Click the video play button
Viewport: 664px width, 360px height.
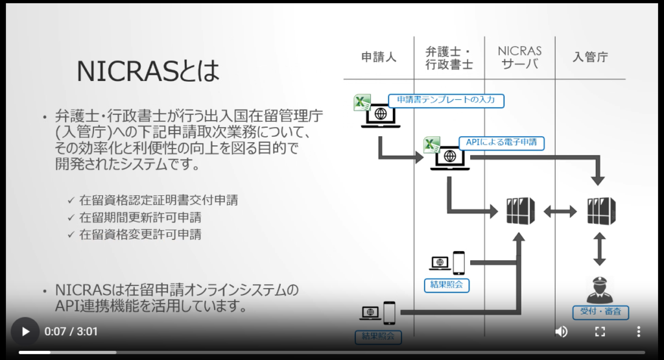[25, 331]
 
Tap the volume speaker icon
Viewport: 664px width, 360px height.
[562, 331]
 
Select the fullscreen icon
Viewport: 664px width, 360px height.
[600, 331]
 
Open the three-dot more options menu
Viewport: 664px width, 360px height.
[638, 331]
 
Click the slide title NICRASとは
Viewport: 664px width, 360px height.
[148, 71]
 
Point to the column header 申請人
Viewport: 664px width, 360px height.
[379, 57]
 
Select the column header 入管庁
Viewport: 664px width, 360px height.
[590, 57]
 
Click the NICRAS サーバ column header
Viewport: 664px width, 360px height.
[520, 57]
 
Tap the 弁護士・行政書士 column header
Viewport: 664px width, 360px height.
[449, 57]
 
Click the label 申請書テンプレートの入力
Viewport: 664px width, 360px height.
[446, 100]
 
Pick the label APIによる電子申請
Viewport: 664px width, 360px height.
[501, 143]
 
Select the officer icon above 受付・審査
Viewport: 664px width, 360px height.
[600, 289]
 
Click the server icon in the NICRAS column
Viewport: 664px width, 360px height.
[520, 211]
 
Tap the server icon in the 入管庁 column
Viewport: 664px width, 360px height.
[600, 211]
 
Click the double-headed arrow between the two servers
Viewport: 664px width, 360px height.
[560, 211]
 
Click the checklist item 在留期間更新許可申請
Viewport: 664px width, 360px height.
[140, 217]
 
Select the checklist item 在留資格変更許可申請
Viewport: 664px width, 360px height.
[140, 234]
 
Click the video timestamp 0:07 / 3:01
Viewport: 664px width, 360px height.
[71, 331]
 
